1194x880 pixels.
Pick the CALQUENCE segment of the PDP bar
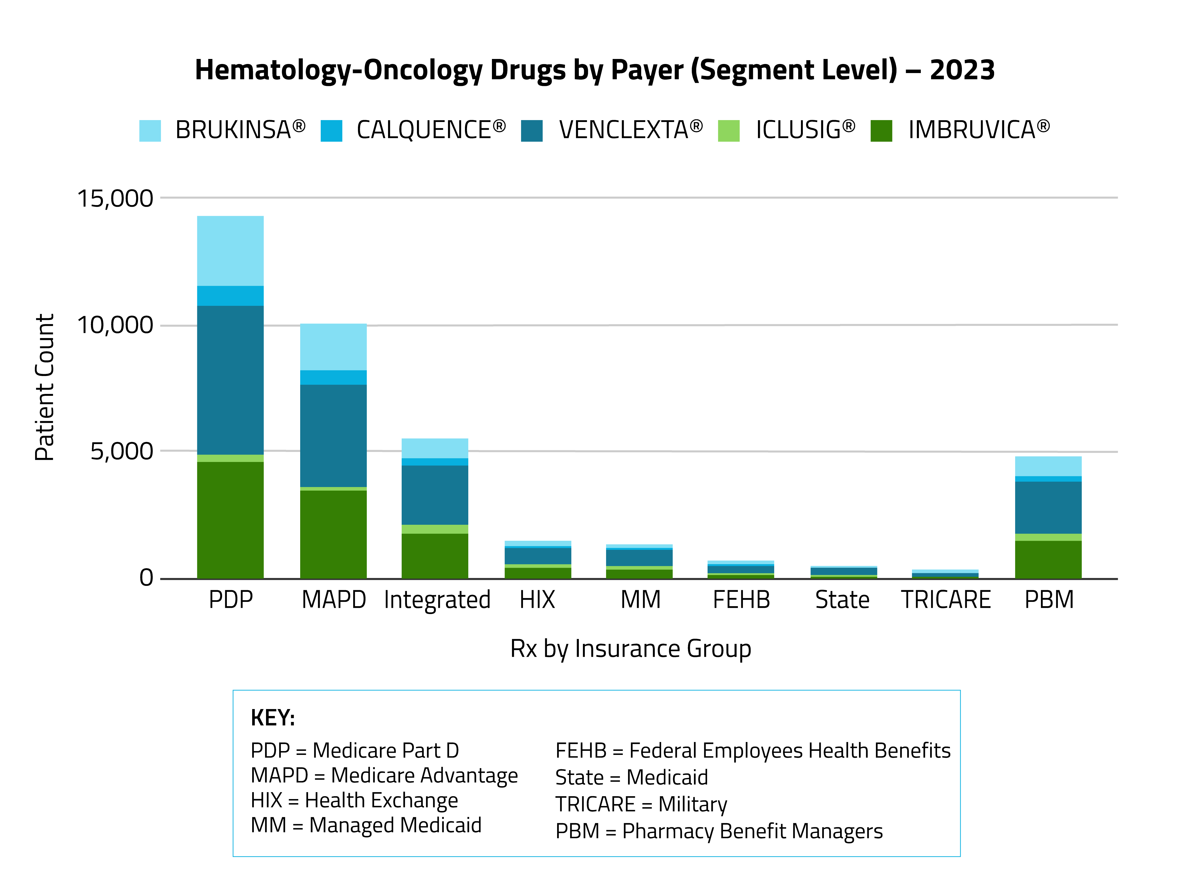(x=230, y=296)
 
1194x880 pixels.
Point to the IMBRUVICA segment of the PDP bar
(x=230, y=519)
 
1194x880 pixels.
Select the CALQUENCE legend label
(x=431, y=130)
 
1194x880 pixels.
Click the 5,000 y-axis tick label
(x=122, y=451)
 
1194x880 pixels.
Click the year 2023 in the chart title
(x=962, y=70)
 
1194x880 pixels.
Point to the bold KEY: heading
(x=272, y=717)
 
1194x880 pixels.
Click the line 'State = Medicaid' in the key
(x=631, y=777)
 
